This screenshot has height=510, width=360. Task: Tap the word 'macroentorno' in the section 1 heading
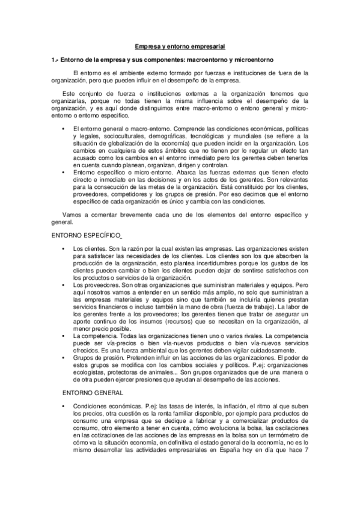coord(209,60)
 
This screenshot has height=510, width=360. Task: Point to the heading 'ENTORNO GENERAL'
coord(91,392)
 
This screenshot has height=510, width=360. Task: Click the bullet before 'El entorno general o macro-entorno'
coord(63,129)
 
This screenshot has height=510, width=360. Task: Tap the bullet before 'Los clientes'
coord(63,248)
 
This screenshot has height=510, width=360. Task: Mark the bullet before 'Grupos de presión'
coord(63,357)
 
